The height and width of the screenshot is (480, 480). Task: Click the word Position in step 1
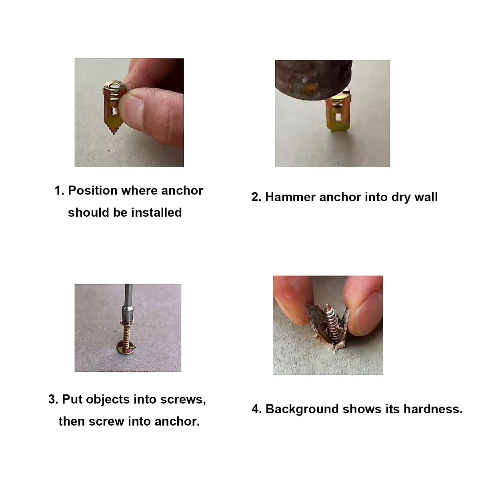pyautogui.click(x=93, y=191)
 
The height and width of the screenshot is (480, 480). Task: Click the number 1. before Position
pyautogui.click(x=59, y=191)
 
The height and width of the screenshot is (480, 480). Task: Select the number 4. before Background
pyautogui.click(x=256, y=409)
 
